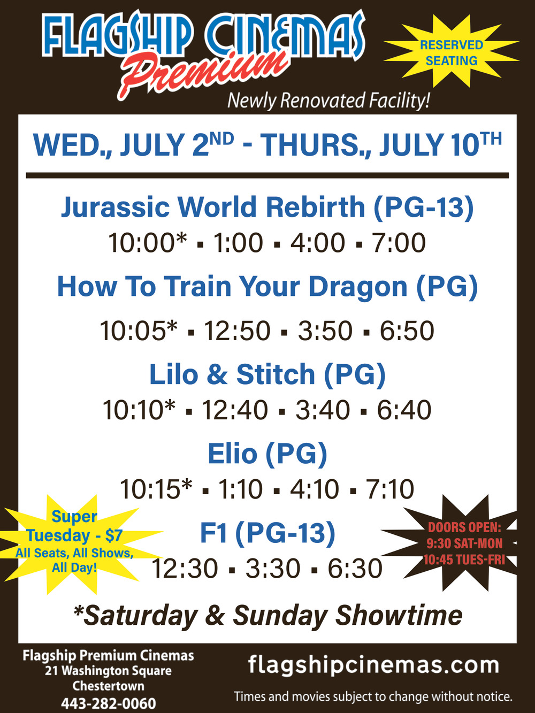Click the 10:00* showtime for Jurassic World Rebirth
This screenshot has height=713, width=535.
pyautogui.click(x=148, y=243)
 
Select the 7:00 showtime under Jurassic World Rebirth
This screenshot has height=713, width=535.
pyautogui.click(x=399, y=243)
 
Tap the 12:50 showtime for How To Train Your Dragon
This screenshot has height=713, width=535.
pyautogui.click(x=237, y=331)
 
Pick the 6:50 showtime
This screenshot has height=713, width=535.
pyautogui.click(x=407, y=331)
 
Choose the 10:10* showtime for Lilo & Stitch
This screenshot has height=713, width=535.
pyautogui.click(x=139, y=410)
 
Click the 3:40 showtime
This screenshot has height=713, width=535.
pyautogui.click(x=322, y=410)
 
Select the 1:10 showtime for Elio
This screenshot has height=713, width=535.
pyautogui.click(x=240, y=489)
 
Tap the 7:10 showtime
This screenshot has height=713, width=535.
pyautogui.click(x=390, y=489)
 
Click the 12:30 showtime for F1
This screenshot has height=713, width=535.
pyautogui.click(x=185, y=568)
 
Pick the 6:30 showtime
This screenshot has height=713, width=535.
pyautogui.click(x=355, y=568)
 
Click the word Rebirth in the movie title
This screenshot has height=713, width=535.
pyautogui.click(x=316, y=207)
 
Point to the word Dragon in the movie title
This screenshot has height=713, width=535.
pyautogui.click(x=357, y=287)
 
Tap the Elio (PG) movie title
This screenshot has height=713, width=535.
pyautogui.click(x=267, y=454)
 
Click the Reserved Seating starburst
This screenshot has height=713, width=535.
pyautogui.click(x=452, y=52)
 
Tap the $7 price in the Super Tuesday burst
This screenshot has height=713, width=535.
pyautogui.click(x=114, y=535)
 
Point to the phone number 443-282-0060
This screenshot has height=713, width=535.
pyautogui.click(x=109, y=703)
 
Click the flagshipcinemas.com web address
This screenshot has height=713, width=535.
pyautogui.click(x=373, y=665)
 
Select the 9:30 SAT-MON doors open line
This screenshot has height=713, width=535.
pyautogui.click(x=464, y=543)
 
